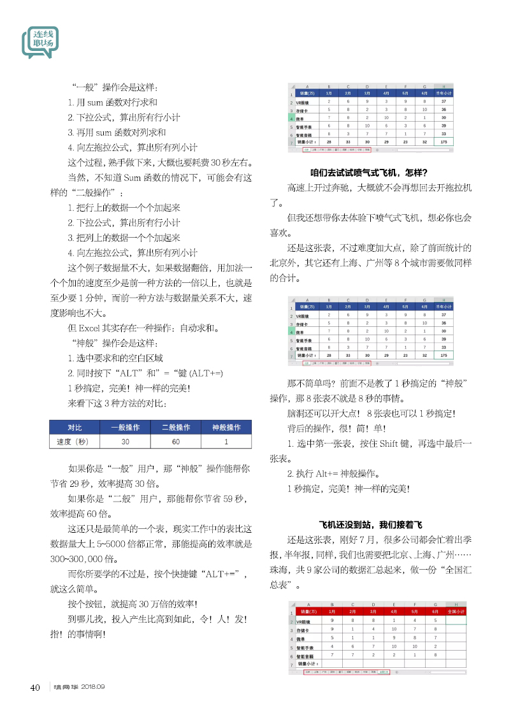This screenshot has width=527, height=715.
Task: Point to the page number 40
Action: (x=35, y=687)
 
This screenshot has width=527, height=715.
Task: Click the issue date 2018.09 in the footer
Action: (x=92, y=687)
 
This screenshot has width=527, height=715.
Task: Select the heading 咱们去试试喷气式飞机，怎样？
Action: (x=368, y=172)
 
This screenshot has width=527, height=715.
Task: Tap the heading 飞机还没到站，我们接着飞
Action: (x=370, y=525)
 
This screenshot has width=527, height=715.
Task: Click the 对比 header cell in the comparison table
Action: (x=74, y=427)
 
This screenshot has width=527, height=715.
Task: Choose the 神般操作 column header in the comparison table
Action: (x=226, y=427)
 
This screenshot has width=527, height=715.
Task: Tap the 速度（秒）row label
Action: (x=74, y=442)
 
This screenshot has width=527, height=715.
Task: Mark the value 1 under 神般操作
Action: (x=226, y=442)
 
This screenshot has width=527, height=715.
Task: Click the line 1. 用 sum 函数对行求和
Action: (x=112, y=102)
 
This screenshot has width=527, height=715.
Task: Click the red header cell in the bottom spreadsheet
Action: (x=456, y=611)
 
